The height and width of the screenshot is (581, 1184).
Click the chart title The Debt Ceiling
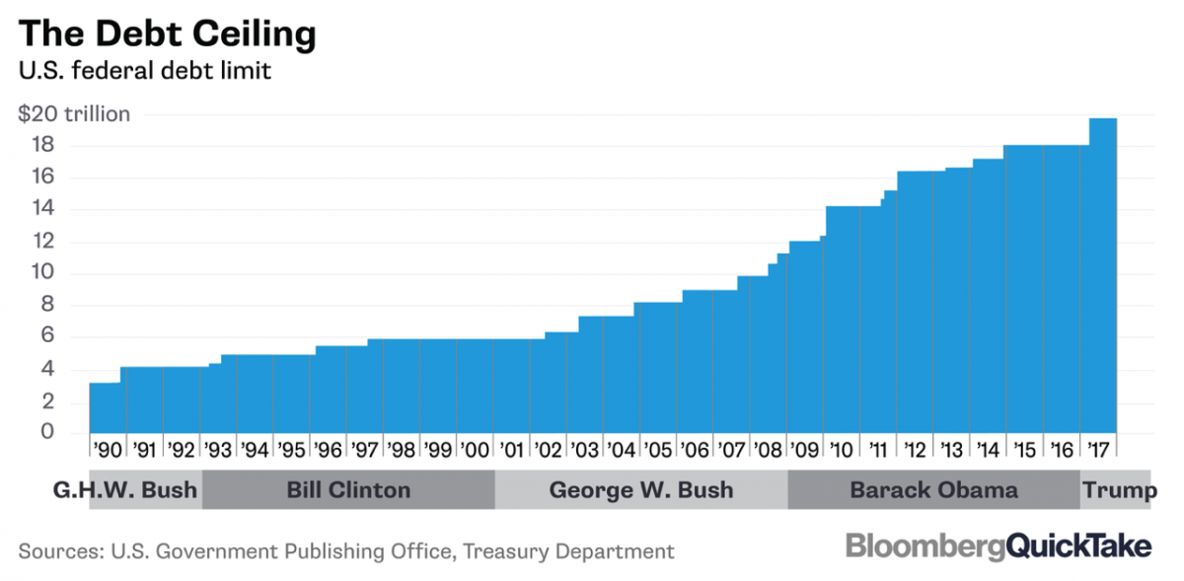point(167,34)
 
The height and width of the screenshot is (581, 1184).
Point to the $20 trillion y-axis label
point(74,114)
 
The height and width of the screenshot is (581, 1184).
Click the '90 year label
point(107,450)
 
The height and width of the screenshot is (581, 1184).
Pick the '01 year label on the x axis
point(511,450)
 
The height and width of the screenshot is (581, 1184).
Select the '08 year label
point(768,450)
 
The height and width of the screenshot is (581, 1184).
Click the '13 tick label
point(951,450)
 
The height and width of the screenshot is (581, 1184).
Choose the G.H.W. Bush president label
point(125,490)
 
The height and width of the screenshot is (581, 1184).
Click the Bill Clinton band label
point(348,490)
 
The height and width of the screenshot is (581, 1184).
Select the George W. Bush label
point(641,490)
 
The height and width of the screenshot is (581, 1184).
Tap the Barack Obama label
point(932,490)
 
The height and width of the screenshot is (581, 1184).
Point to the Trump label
point(1119,490)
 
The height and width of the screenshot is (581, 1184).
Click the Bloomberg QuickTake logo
point(999,546)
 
